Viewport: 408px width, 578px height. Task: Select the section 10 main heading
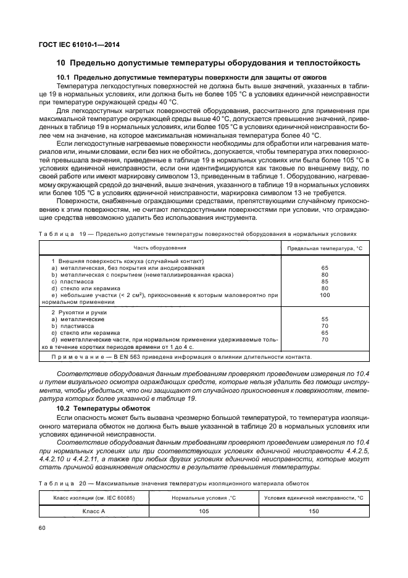click(208, 63)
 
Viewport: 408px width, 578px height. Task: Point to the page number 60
click(43, 528)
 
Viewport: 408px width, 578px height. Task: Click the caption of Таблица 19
click(198, 235)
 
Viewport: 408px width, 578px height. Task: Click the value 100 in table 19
click(325, 295)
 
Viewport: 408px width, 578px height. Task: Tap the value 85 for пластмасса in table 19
click(325, 282)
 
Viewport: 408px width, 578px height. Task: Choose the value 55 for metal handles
click(325, 319)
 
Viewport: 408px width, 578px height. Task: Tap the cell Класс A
click(94, 511)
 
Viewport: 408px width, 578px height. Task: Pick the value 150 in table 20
click(314, 511)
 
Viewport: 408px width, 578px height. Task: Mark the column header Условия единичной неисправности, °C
click(314, 497)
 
